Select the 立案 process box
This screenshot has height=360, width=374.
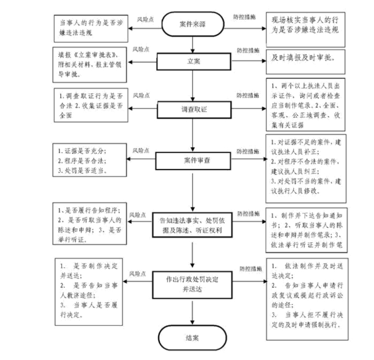coord(192,62)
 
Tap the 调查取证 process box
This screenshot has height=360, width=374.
coord(192,109)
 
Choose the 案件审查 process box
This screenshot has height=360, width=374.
coord(192,159)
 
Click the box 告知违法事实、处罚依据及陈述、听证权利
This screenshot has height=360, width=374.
coord(192,224)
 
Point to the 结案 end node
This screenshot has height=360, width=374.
coord(192,338)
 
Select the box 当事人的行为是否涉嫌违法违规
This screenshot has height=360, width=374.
coord(90,28)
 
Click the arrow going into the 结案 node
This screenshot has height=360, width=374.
coord(192,313)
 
